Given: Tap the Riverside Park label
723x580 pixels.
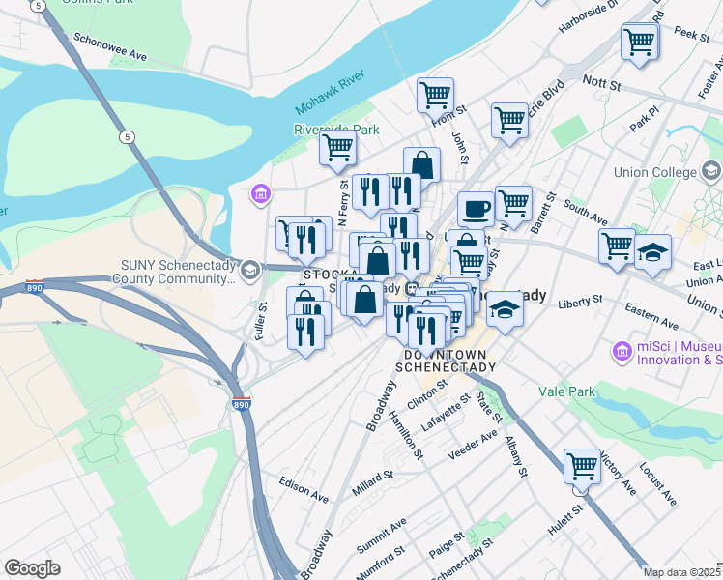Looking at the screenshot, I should [x=337, y=129].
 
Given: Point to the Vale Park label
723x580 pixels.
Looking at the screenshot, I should [x=566, y=392].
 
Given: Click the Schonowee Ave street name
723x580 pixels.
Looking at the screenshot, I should [x=110, y=50].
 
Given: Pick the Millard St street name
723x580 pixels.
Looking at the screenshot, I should [x=373, y=482].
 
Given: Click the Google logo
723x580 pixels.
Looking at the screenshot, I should [x=32, y=568].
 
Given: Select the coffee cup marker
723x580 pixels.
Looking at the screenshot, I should [x=476, y=208].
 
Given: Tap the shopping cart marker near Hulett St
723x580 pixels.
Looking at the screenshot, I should [x=583, y=466].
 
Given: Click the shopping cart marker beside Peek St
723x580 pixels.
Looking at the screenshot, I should [x=640, y=42].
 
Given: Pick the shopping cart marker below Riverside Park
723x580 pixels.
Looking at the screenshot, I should [x=337, y=148].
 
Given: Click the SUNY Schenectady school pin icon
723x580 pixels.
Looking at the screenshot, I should [x=250, y=269].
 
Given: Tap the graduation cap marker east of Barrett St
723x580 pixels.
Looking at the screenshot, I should [x=652, y=252].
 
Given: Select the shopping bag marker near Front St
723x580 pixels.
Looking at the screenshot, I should [x=422, y=164].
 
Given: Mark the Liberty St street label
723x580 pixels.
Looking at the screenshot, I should [x=580, y=305].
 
